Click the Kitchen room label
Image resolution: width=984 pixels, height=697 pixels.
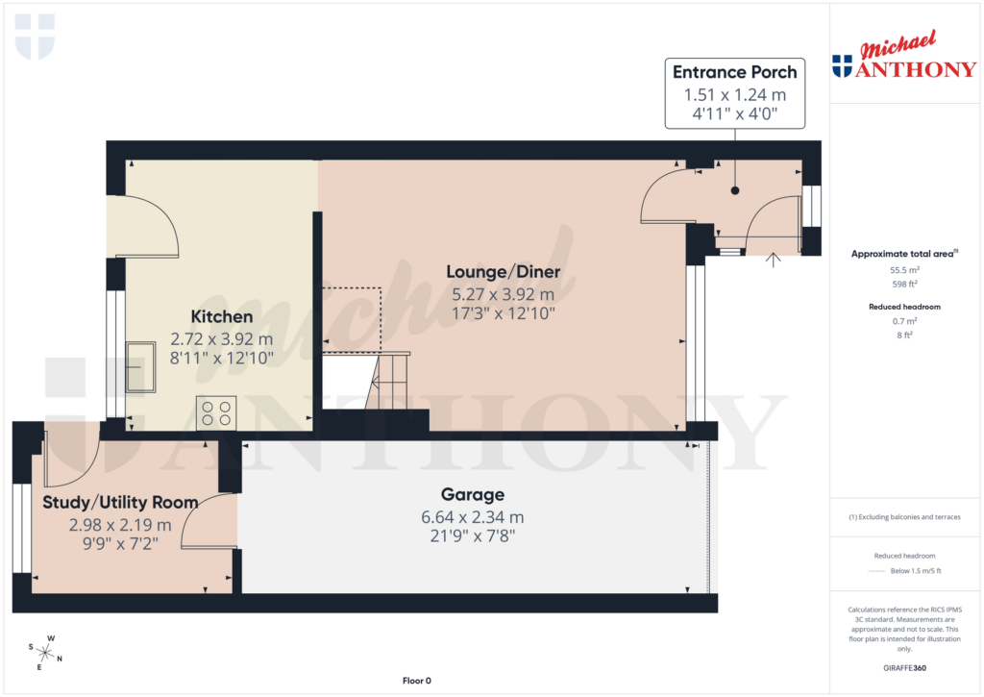click(221, 316)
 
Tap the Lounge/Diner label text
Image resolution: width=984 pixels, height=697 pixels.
click(504, 272)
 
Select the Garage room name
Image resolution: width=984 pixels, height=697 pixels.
click(472, 495)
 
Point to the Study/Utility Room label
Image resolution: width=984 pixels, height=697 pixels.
click(120, 502)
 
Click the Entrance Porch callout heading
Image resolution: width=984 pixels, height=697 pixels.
click(734, 72)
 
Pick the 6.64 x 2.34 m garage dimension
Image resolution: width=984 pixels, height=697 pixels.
click(472, 516)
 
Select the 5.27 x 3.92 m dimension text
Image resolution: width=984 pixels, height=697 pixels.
click(504, 294)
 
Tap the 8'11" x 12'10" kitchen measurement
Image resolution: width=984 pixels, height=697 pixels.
click(221, 358)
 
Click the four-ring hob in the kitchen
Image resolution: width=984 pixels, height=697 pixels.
click(216, 412)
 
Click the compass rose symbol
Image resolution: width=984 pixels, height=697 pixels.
click(45, 651)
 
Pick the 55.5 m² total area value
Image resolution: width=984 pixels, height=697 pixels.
click(903, 271)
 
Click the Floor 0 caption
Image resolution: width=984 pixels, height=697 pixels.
click(416, 681)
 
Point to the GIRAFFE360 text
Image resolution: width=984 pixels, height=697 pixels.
click(903, 667)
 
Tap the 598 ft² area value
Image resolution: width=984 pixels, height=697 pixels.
click(903, 284)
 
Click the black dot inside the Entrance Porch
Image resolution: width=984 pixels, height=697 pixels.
click(735, 190)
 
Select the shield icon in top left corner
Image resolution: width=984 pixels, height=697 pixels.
click(35, 36)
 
